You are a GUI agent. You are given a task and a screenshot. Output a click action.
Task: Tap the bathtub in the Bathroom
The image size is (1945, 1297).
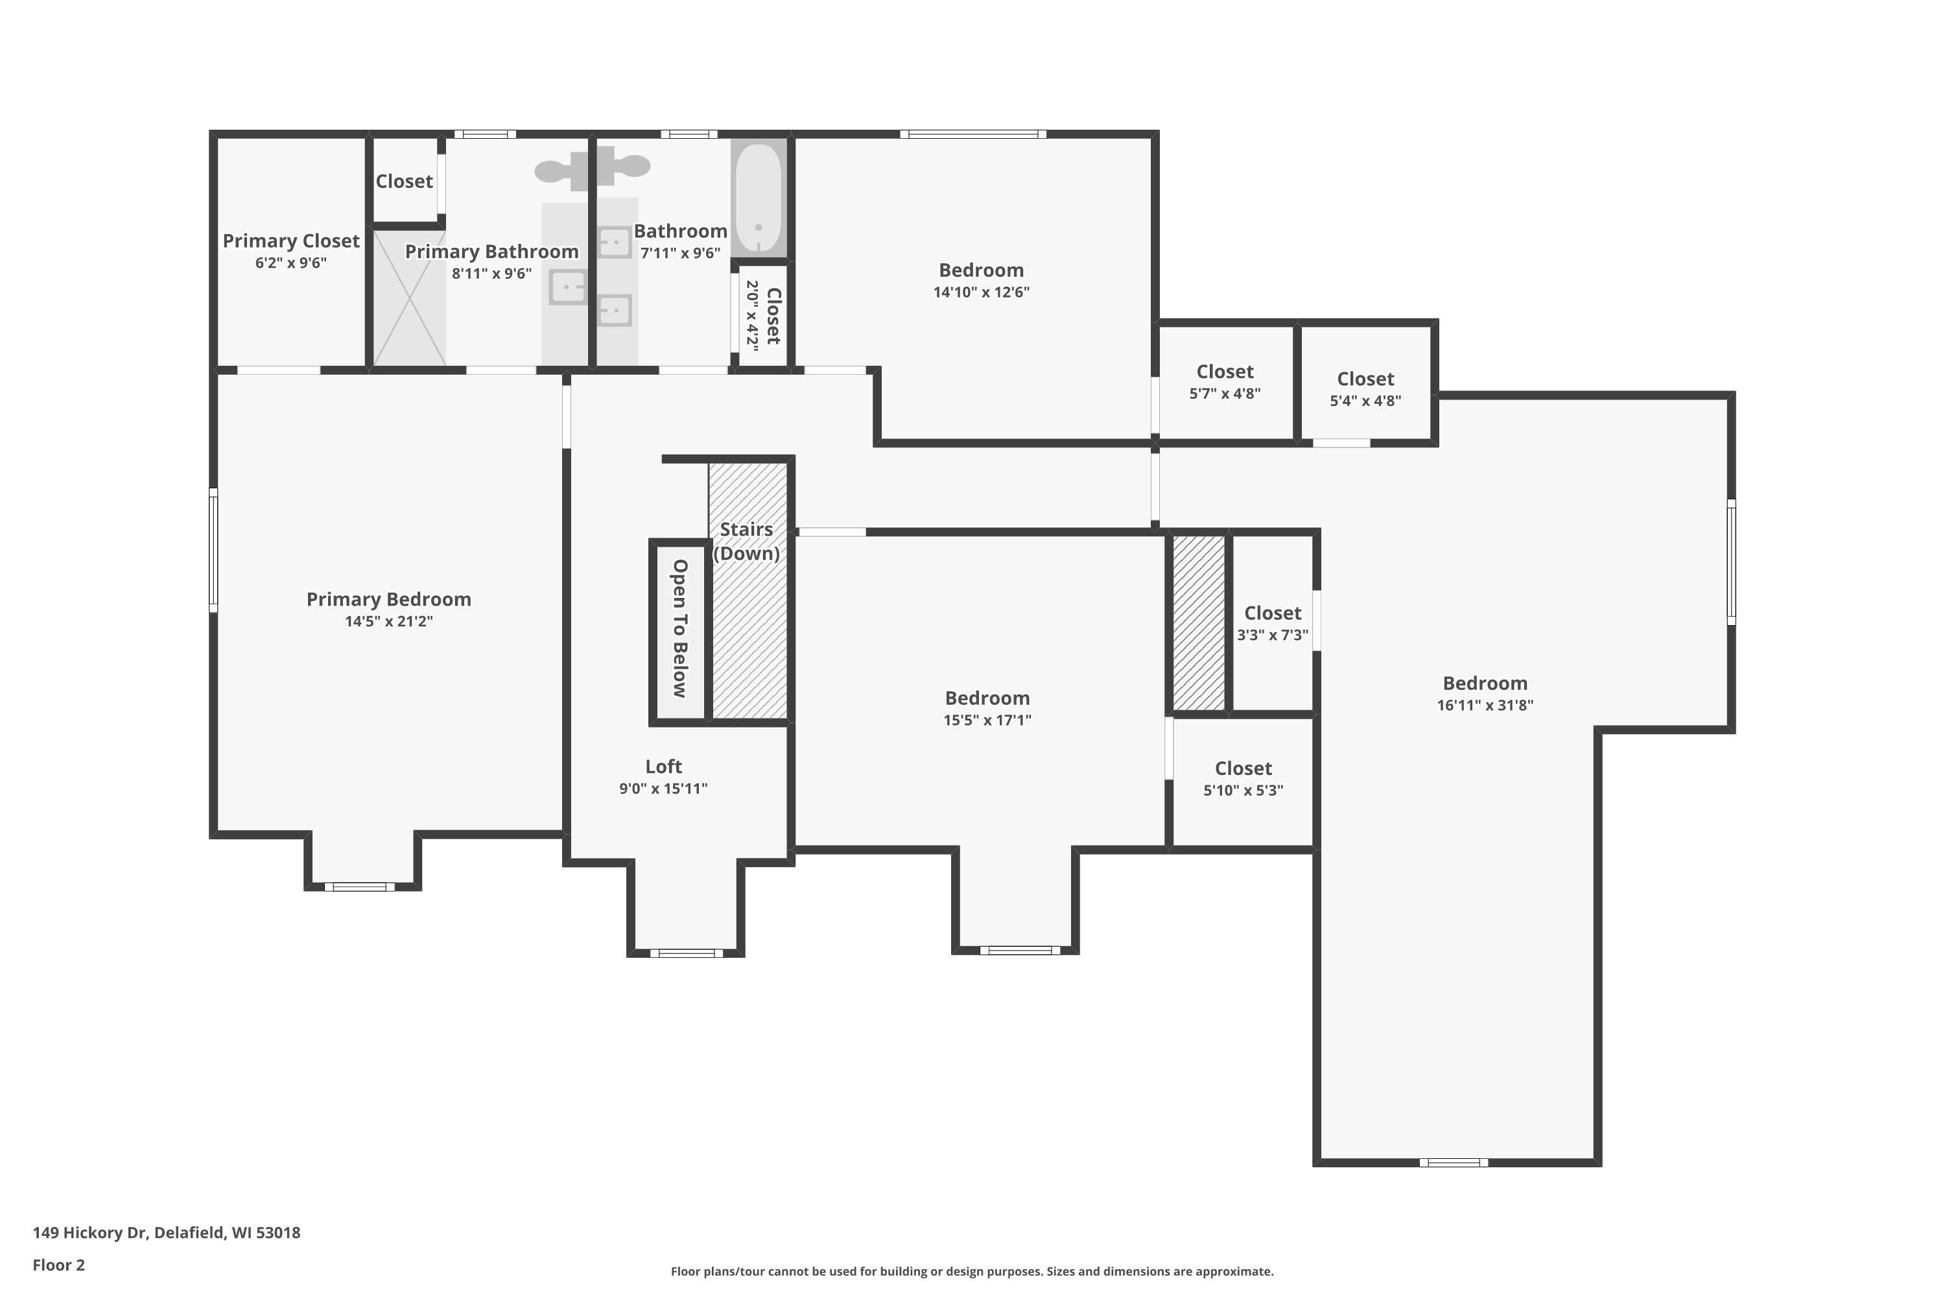tap(759, 198)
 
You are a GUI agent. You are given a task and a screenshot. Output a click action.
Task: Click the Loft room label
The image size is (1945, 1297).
tap(663, 767)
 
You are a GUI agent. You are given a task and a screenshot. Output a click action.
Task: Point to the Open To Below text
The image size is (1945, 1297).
tap(679, 628)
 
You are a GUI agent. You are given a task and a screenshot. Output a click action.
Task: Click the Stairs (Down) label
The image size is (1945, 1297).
tap(747, 541)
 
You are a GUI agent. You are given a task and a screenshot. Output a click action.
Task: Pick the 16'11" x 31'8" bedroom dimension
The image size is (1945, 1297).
tap(1485, 706)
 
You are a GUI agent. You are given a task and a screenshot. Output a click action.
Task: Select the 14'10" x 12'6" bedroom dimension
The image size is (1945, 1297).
tap(982, 292)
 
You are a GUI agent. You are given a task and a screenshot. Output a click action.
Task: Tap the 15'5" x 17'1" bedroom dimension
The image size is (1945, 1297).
tap(987, 720)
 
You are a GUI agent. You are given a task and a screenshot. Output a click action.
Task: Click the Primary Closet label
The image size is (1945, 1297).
tap(291, 241)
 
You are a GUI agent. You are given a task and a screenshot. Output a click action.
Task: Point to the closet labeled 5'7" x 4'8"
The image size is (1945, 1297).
tap(1225, 381)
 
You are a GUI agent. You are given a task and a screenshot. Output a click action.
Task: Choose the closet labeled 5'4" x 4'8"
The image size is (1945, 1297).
tap(1365, 381)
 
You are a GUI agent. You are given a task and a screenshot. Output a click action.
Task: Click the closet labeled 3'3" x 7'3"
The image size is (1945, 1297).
tap(1273, 623)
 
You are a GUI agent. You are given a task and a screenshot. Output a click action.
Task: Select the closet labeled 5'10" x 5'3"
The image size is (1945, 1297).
tap(1243, 781)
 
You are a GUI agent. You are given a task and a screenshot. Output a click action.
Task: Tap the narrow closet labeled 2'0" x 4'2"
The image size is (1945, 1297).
tap(762, 315)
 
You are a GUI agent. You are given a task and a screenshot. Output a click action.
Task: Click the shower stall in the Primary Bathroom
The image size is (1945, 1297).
tap(409, 298)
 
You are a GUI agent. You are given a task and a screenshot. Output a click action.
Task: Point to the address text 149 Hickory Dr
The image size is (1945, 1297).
tap(90, 1233)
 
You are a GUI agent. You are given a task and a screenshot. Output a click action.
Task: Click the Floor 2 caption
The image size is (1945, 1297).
tap(59, 1265)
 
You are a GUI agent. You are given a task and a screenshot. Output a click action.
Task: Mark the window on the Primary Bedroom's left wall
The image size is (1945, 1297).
tap(213, 550)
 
